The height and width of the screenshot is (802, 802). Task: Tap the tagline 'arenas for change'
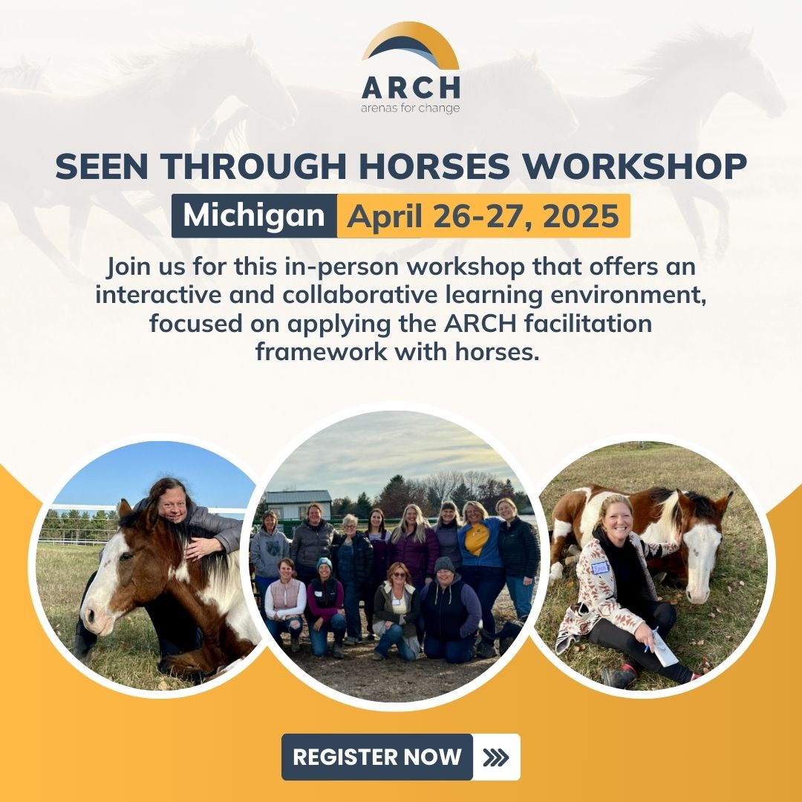410,108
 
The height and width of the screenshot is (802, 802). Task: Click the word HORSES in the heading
434,166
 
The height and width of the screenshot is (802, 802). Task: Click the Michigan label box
254,215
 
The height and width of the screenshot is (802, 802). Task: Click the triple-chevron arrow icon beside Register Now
495,757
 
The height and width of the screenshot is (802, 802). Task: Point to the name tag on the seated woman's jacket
599,568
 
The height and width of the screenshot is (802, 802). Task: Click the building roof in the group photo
299,497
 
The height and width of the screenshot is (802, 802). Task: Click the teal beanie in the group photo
325,564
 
